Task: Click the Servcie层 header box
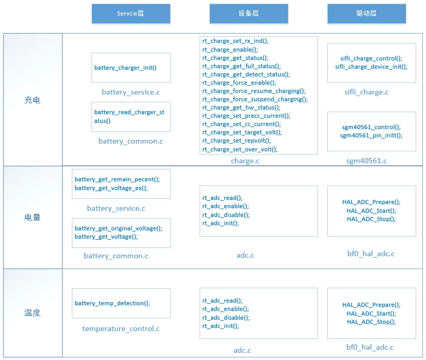[x=131, y=13]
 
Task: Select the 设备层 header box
[x=249, y=13]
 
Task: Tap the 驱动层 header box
[x=367, y=13]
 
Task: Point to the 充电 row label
[x=33, y=100]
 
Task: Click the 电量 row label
[x=33, y=217]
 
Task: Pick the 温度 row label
[x=33, y=313]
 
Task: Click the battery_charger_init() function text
[x=125, y=68]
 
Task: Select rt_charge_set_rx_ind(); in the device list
[x=235, y=41]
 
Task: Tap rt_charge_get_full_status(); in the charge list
[x=241, y=66]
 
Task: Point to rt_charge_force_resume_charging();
[x=254, y=91]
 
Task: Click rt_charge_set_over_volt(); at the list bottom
[x=240, y=149]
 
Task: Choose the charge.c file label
[x=245, y=161]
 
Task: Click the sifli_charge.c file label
[x=366, y=92]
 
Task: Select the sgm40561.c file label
[x=366, y=161]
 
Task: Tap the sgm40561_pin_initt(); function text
[x=371, y=135]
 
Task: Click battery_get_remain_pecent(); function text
[x=117, y=179]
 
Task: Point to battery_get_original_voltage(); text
[x=118, y=228]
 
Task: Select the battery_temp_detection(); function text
[x=112, y=303]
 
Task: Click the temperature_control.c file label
[x=121, y=328]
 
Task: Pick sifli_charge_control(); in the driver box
[x=371, y=58]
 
